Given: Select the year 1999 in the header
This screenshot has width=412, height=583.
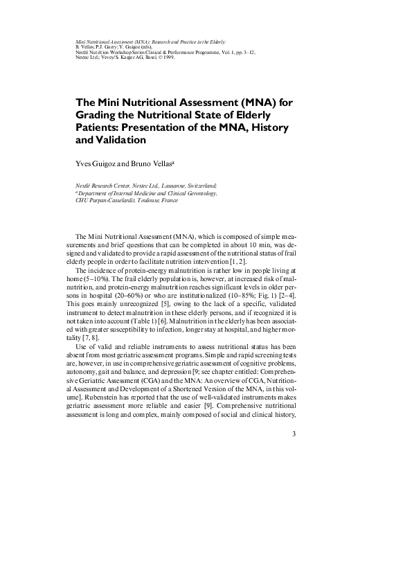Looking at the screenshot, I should pyautogui.click(x=168, y=57).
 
